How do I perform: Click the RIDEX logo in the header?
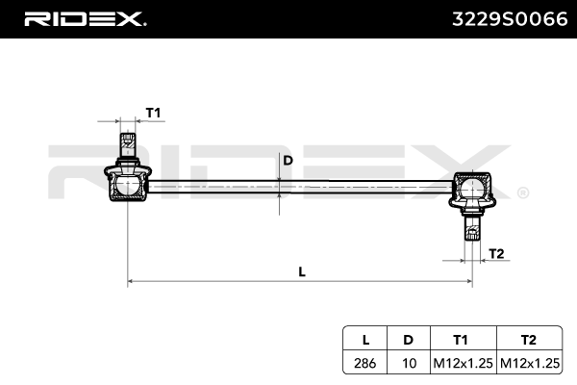(x=84, y=18)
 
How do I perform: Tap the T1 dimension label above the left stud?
(x=152, y=114)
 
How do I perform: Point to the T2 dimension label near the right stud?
(x=496, y=253)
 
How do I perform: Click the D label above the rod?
(x=287, y=161)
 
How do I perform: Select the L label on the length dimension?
(x=301, y=271)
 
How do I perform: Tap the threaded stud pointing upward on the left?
(x=126, y=146)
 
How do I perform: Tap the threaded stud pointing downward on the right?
(x=471, y=229)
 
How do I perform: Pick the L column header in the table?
(x=365, y=339)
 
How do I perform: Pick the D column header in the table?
(x=408, y=339)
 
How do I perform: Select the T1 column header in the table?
(x=462, y=339)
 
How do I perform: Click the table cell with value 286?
(x=365, y=364)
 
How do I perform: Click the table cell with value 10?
(x=408, y=364)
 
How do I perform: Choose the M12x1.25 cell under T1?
(x=462, y=364)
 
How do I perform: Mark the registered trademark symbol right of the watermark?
(x=522, y=193)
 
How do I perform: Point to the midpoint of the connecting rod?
(x=298, y=185)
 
